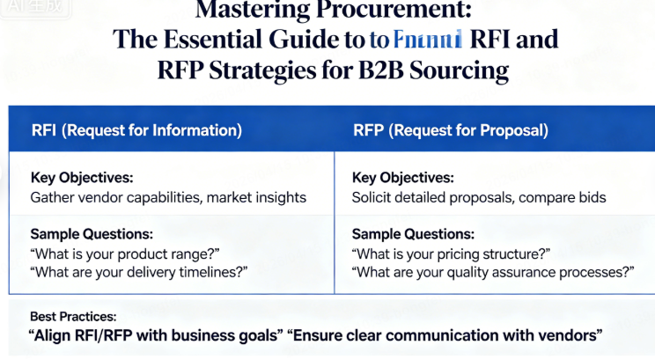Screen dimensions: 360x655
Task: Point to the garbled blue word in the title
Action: pyautogui.click(x=428, y=40)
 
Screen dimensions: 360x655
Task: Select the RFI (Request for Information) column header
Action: pyautogui.click(x=136, y=130)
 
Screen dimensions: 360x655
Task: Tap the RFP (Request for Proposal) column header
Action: pyautogui.click(x=450, y=130)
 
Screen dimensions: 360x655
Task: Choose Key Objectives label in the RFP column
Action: pyautogui.click(x=403, y=177)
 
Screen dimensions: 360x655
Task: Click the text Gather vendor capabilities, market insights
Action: pyautogui.click(x=168, y=197)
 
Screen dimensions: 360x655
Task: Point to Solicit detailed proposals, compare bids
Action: pyautogui.click(x=479, y=197)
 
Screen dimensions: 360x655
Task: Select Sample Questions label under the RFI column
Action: pyautogui.click(x=92, y=235)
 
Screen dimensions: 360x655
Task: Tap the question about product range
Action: pyautogui.click(x=125, y=253)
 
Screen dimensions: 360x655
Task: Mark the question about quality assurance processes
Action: pyautogui.click(x=493, y=273)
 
